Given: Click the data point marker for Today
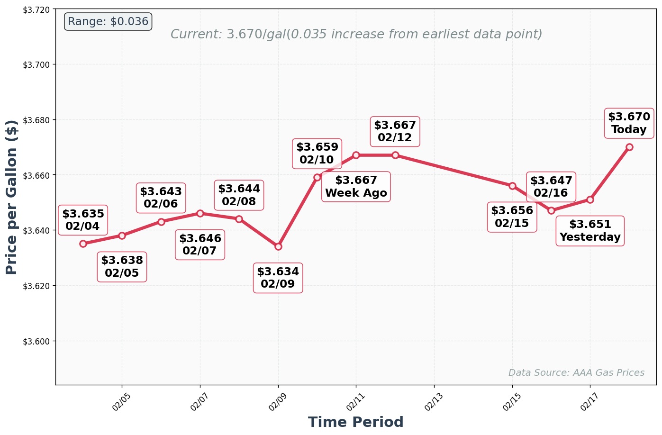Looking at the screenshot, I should tap(629, 147).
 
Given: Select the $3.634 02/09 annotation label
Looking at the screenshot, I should tap(278, 278).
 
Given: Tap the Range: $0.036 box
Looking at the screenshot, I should tap(108, 22).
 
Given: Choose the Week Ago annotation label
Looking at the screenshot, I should tap(356, 187).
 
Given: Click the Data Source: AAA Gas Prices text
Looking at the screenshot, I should tap(576, 372).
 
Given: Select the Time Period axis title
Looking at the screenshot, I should tap(355, 422).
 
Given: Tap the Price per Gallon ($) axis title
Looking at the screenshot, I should tap(12, 197).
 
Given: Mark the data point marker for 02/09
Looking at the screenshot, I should tap(278, 246).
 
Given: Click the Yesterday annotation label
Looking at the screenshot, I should tap(590, 231).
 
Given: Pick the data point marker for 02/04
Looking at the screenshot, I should tap(83, 244).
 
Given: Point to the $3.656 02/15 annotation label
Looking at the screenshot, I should tap(512, 217).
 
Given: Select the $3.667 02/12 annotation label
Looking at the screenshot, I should tap(395, 132).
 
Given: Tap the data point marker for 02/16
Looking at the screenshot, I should tap(551, 210).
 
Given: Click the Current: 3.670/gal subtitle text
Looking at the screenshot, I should tap(356, 34).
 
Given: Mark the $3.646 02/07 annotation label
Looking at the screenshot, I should tap(200, 245).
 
